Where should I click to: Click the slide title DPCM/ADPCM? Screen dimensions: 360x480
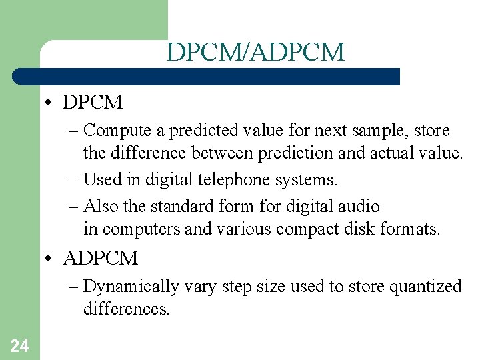coord(255,52)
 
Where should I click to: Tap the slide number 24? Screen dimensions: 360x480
coord(19,345)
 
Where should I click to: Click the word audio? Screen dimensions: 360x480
coord(360,207)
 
